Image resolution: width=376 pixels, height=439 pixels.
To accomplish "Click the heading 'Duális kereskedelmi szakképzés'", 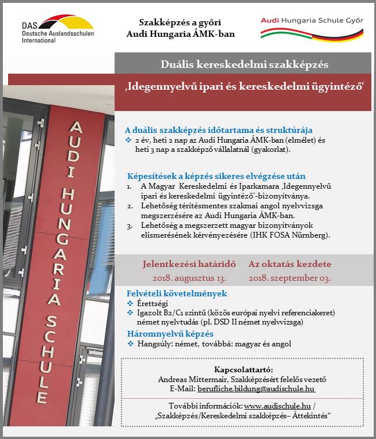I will coord(245,64).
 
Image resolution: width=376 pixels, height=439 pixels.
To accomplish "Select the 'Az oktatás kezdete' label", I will coord(290,265).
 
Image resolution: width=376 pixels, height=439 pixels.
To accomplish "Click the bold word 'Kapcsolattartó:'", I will coord(242,369).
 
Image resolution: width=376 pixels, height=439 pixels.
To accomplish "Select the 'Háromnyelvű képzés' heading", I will coord(170,334).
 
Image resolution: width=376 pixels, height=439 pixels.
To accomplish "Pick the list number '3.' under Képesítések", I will coord(129,227).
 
